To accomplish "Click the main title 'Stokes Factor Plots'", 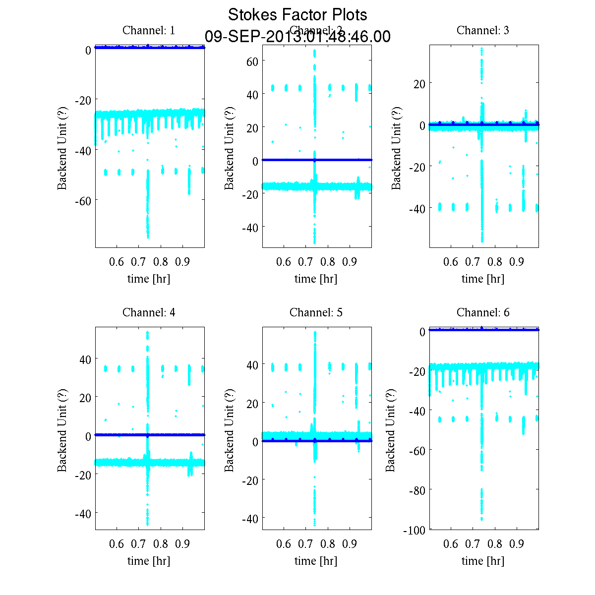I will [x=297, y=15].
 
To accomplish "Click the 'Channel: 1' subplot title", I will [x=149, y=30].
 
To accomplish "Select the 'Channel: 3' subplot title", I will [x=482, y=30].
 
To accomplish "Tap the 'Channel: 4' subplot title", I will [x=149, y=312].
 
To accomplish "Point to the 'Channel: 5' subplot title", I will [x=316, y=312].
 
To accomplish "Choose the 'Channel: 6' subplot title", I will [x=482, y=312].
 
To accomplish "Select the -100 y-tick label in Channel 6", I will [x=414, y=530].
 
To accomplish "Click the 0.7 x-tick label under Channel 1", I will [x=139, y=262].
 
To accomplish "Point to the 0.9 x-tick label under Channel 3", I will [x=517, y=262].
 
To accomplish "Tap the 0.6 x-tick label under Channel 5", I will [x=284, y=544].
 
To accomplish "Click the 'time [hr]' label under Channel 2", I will [x=316, y=279].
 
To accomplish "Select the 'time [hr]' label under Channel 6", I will [x=482, y=561].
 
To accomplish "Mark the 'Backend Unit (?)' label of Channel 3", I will [x=396, y=147].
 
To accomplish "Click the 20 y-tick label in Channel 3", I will [x=419, y=84].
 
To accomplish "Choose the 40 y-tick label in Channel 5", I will [x=252, y=365].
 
